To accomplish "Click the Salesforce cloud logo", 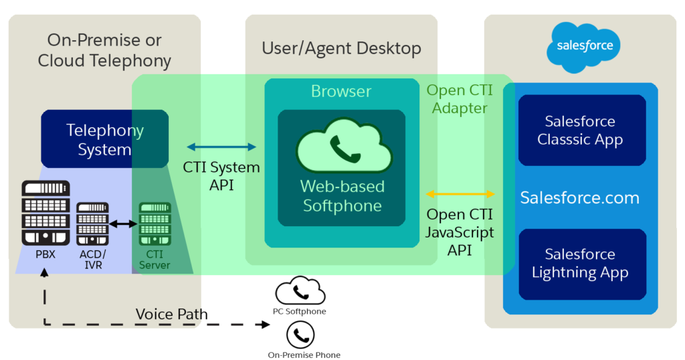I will (x=580, y=47).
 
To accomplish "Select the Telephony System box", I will (x=104, y=139).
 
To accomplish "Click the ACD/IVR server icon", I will (x=92, y=223).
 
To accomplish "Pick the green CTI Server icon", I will (x=154, y=223).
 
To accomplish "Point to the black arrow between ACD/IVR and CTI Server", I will (x=123, y=223).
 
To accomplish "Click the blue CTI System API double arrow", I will (x=221, y=147).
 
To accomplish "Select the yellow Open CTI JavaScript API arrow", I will (x=461, y=194).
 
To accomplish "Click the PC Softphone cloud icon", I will (x=300, y=291).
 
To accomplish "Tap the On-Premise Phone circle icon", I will (x=300, y=335).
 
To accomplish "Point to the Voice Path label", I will (x=171, y=314).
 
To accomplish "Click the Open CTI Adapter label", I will (x=460, y=99).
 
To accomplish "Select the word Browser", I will (x=341, y=91).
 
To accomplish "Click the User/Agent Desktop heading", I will (x=341, y=48).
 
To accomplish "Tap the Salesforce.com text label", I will (x=580, y=197).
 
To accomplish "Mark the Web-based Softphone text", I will (x=342, y=195).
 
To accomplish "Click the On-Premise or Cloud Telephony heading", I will (x=104, y=50).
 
